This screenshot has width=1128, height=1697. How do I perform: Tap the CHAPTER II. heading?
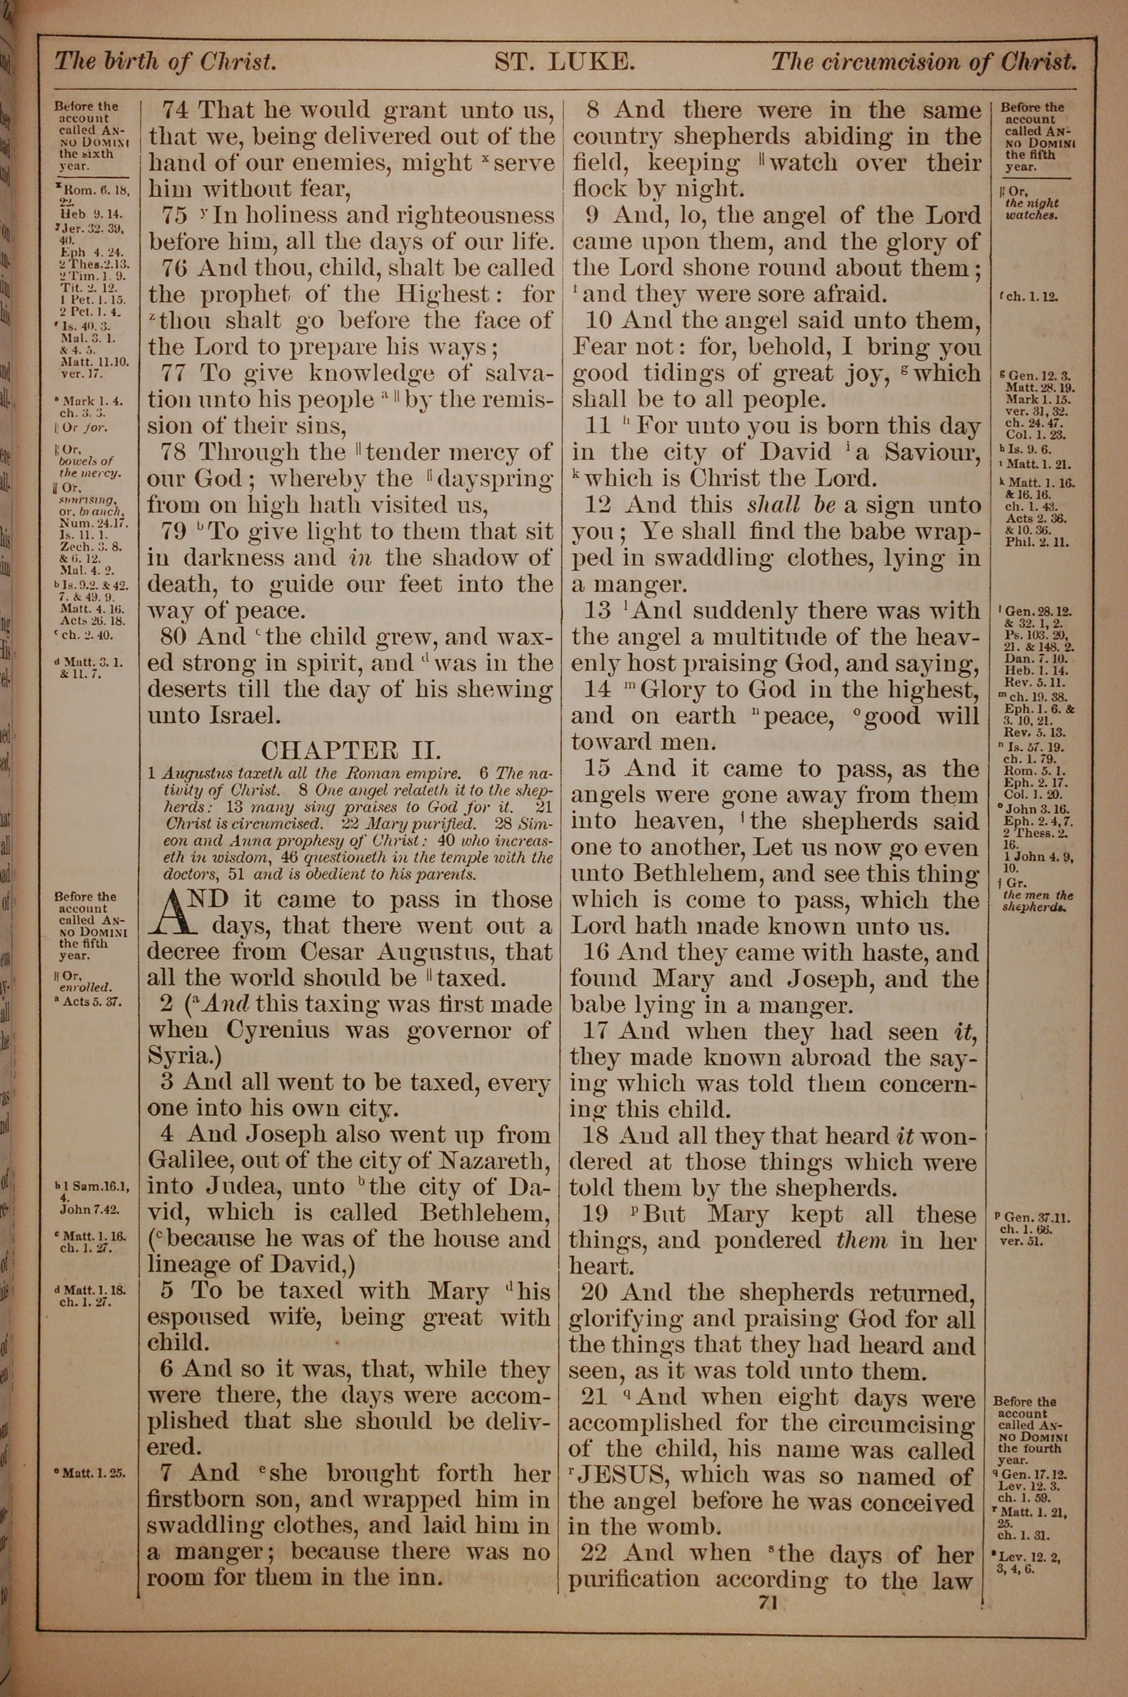coord(350,750)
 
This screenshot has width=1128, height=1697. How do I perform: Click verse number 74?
coord(175,111)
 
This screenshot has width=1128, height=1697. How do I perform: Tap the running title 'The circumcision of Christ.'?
coord(924,63)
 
